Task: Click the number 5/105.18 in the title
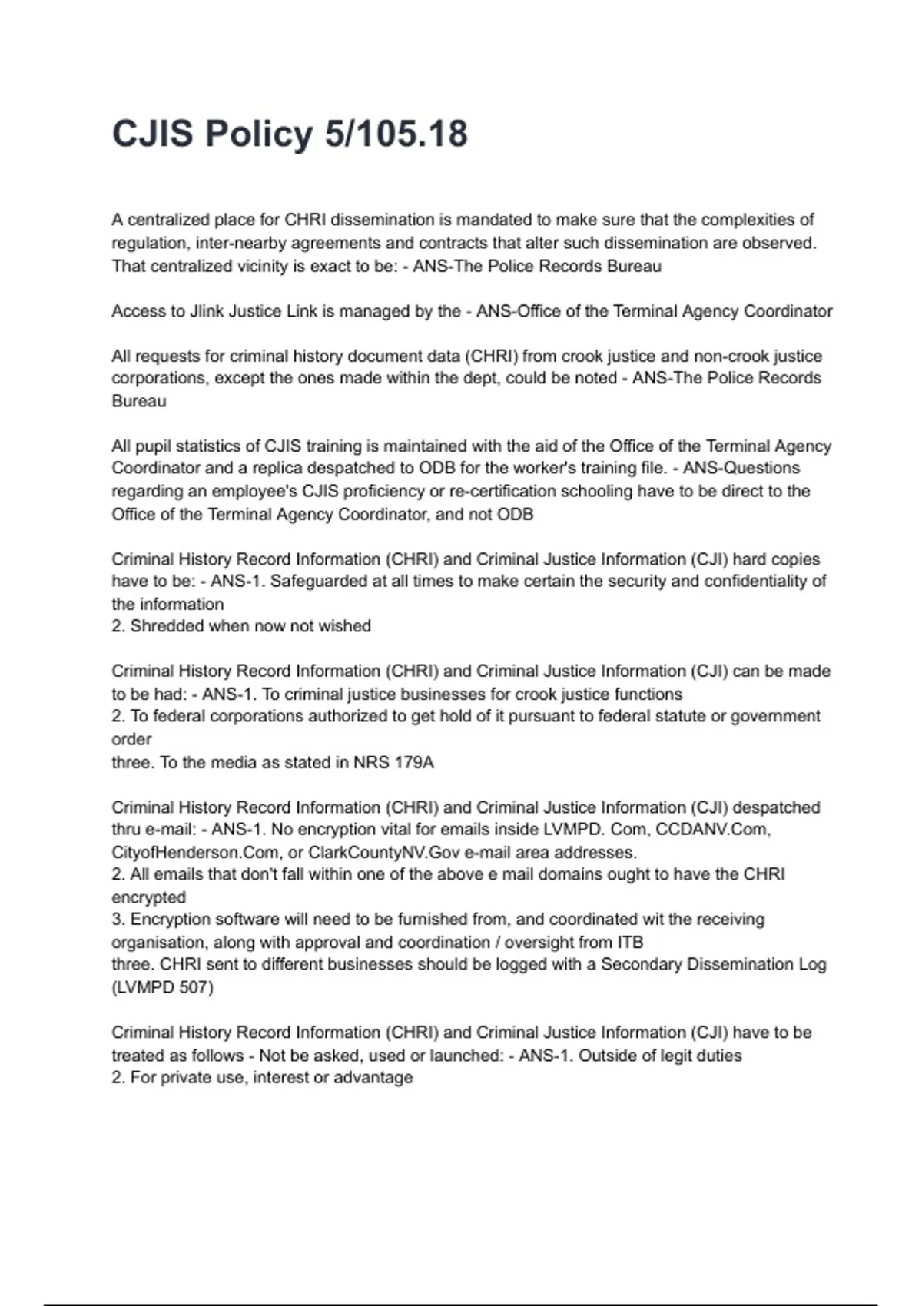pyautogui.click(x=396, y=134)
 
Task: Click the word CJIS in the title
pyautogui.click(x=152, y=134)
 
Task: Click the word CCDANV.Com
pyautogui.click(x=712, y=830)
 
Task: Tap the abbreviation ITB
pyautogui.click(x=630, y=943)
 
